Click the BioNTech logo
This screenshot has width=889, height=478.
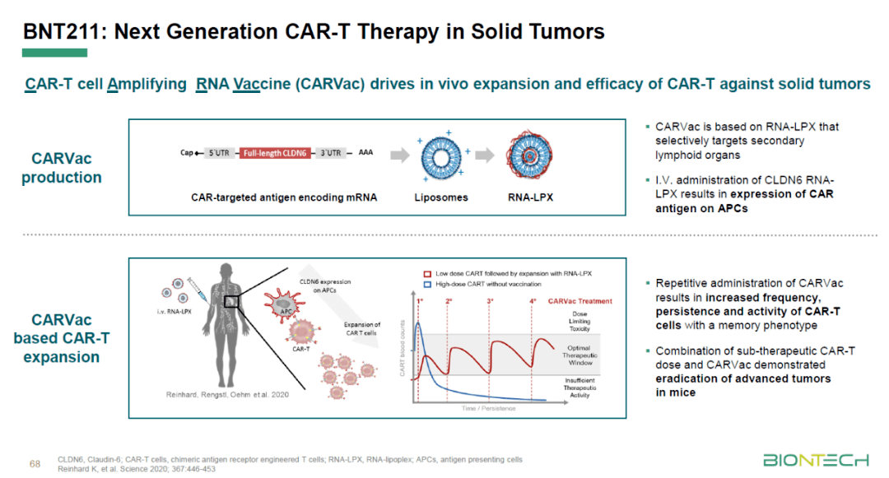[x=815, y=459]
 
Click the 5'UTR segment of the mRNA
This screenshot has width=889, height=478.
[x=220, y=153]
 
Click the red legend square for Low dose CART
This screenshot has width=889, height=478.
[x=426, y=272]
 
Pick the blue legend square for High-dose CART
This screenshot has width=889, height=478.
[x=426, y=284]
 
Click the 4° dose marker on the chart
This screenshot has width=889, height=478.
[x=533, y=301]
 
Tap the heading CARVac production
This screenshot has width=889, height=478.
[x=62, y=167]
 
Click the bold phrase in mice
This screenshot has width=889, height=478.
[x=675, y=392]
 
